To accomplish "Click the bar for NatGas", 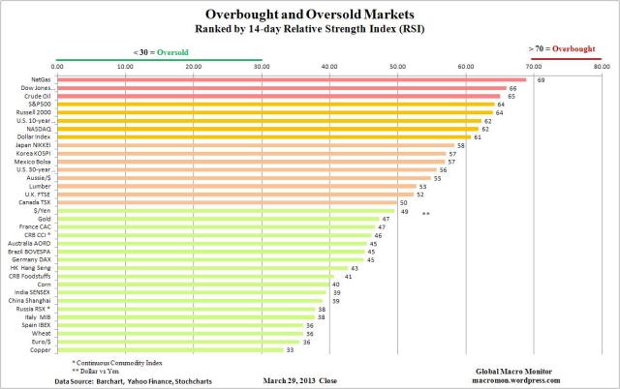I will click(291, 79).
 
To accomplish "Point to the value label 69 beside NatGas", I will click(542, 80).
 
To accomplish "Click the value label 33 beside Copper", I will click(290, 349).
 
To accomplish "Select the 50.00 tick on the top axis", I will click(397, 66).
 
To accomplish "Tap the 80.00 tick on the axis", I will click(602, 66).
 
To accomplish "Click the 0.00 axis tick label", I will click(57, 66).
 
